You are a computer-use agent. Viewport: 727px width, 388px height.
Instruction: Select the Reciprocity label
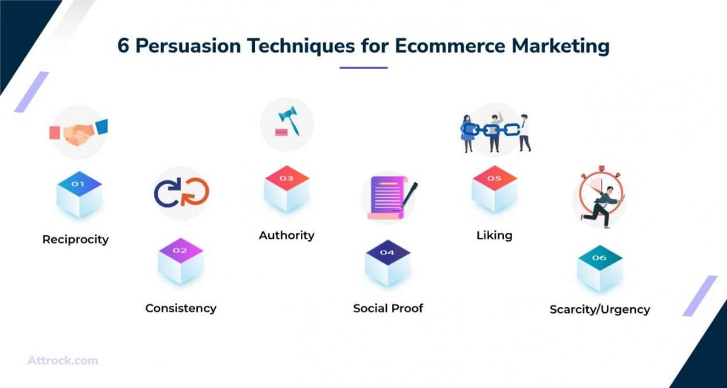(x=76, y=240)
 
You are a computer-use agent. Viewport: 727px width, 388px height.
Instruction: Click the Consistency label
(x=181, y=308)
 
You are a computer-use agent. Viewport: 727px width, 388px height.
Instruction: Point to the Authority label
(x=286, y=235)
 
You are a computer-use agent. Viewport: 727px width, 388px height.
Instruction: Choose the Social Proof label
(x=388, y=308)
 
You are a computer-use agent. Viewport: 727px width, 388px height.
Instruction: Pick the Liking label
(x=494, y=235)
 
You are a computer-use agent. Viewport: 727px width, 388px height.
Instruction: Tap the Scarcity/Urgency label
(x=600, y=309)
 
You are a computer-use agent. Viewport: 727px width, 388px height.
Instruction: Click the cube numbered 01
(x=80, y=194)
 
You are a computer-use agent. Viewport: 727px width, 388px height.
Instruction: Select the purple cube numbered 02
(x=181, y=261)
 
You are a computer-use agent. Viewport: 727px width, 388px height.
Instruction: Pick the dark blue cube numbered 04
(x=387, y=263)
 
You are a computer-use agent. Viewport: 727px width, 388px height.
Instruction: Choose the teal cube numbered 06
(x=600, y=268)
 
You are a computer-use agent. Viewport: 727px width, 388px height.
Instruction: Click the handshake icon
(x=78, y=132)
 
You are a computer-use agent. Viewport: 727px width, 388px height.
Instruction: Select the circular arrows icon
(x=181, y=192)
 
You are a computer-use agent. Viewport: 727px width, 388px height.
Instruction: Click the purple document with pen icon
(x=389, y=197)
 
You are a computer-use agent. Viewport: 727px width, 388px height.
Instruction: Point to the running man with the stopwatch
(x=600, y=197)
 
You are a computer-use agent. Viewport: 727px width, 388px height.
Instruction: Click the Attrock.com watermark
(x=62, y=361)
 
